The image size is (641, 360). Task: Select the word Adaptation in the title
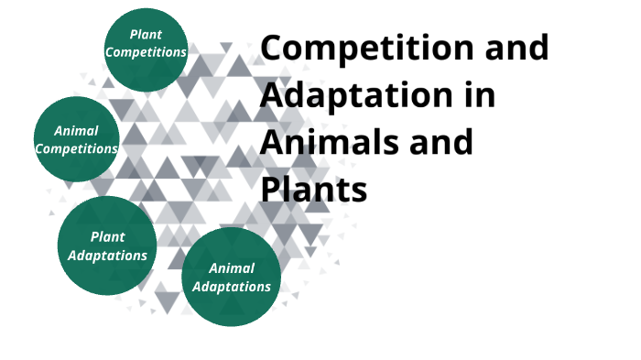pos(347,96)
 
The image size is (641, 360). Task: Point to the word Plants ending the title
pos(314,190)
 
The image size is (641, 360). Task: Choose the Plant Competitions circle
pos(146,49)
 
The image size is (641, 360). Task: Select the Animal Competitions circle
pos(76,138)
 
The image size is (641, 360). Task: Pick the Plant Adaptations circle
pos(107,245)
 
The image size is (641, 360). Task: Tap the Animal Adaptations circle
pos(231,277)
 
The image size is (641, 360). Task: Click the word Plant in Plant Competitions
pos(146,35)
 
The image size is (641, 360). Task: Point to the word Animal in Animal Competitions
pos(76,131)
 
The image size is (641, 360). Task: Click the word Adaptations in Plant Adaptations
pos(107,255)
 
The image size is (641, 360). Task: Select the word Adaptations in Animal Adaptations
pos(231,286)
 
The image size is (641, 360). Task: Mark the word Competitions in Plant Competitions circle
pos(146,52)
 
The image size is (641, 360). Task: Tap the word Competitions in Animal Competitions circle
pos(76,147)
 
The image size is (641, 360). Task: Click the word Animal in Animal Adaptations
pos(231,268)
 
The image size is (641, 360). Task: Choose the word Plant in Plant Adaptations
pos(107,237)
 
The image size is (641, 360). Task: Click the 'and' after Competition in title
pos(518,49)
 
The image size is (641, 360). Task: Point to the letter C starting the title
pos(274,49)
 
